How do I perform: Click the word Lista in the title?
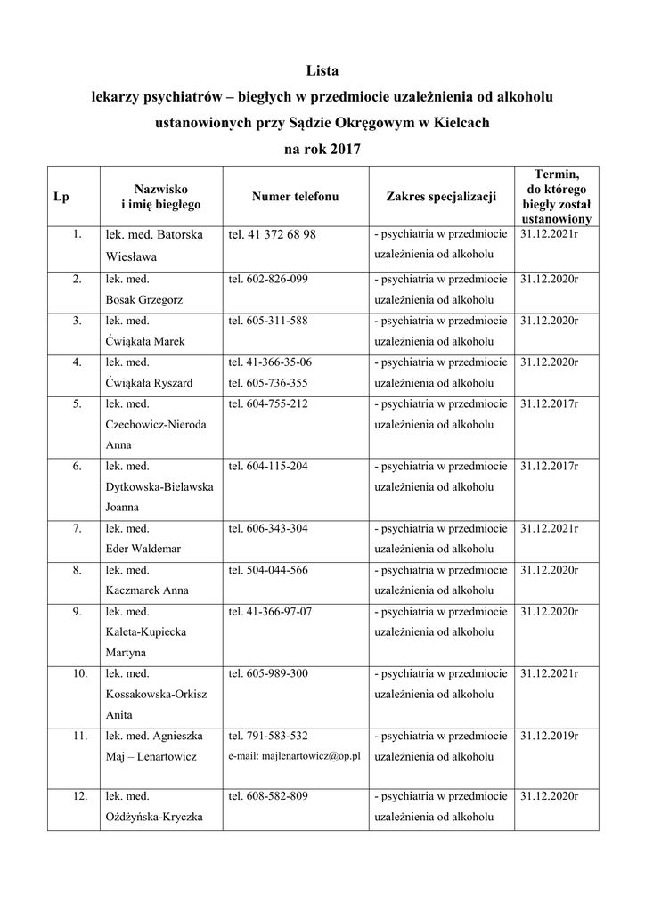tap(322, 70)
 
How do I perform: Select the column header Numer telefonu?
tap(295, 196)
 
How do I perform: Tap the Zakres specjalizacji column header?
tap(441, 196)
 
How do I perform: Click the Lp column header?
tap(61, 196)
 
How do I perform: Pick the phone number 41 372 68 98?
tap(279, 235)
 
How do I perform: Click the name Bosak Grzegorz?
tap(144, 300)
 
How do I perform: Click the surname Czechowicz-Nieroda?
tap(156, 425)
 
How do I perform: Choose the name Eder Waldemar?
tap(143, 549)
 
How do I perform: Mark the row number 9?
tap(78, 612)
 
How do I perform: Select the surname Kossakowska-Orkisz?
tap(157, 695)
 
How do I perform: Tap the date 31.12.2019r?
tap(549, 737)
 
